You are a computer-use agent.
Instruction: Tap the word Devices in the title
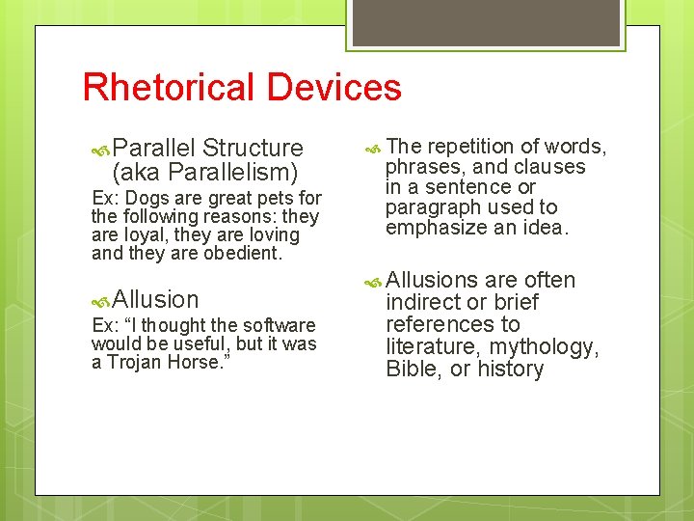334,87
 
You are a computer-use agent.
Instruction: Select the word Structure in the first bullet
254,149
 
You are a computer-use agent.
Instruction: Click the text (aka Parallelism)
205,173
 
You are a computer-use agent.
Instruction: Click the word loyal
142,235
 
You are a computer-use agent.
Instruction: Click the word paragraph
427,207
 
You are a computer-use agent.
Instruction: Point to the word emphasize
432,228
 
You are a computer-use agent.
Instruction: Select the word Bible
412,370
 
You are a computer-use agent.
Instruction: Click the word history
507,370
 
